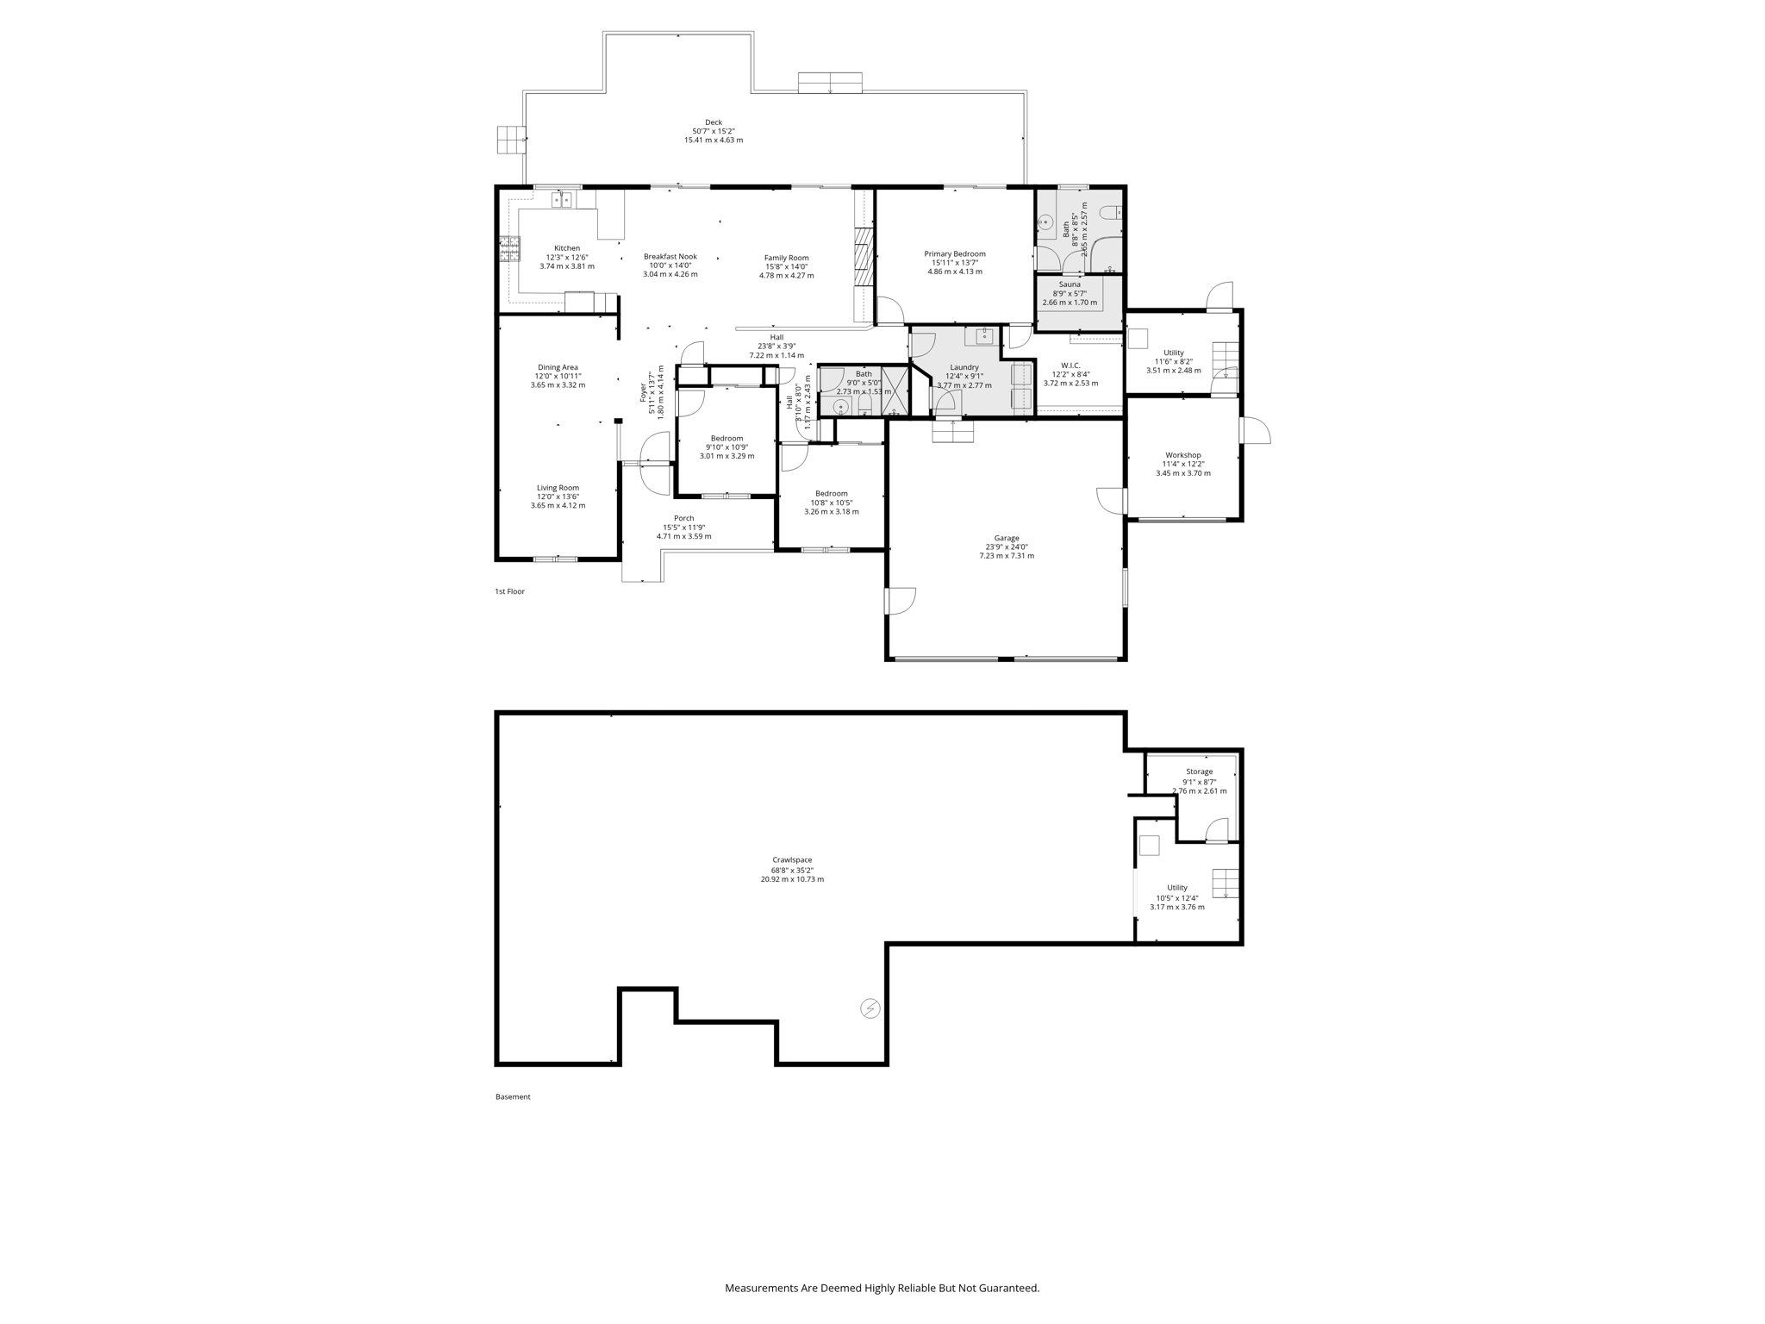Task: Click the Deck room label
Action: pos(713,122)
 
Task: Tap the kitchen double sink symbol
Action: pos(562,200)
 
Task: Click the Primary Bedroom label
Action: pos(954,254)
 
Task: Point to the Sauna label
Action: pos(1069,284)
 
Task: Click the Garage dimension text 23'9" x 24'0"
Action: pos(1006,547)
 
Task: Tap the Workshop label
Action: pos(1182,455)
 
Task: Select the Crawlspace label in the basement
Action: pos(791,860)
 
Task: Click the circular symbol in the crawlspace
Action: pos(870,1008)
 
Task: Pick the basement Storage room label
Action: pos(1199,772)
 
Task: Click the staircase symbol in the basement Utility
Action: pos(1226,884)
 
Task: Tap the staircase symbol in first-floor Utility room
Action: pos(1226,360)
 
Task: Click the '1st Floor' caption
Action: pos(509,591)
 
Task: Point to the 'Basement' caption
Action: pos(513,1097)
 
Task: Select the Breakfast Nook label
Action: pos(670,257)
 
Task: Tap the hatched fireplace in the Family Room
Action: pos(864,259)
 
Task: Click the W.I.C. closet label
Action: pos(1070,365)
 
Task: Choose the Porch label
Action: pos(683,519)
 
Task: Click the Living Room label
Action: pos(558,488)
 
